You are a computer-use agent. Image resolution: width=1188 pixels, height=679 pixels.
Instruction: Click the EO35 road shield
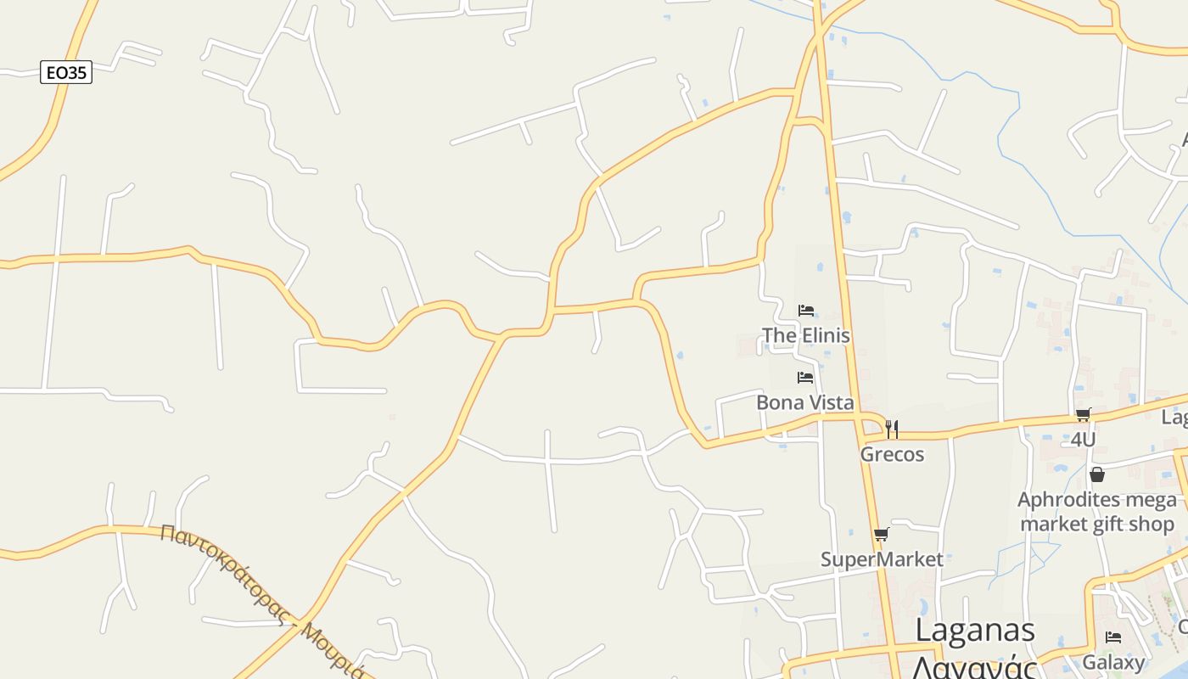66,73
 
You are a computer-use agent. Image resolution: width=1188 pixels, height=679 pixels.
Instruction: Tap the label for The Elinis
805,335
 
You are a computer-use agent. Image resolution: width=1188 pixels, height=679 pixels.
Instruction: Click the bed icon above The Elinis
806,311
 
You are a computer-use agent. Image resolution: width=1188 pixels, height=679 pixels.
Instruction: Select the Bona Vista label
804,402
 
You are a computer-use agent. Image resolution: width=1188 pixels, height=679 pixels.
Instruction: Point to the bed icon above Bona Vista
805,378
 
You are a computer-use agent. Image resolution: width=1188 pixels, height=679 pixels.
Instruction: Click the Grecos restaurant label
892,454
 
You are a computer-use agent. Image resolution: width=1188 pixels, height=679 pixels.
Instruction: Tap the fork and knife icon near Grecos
892,429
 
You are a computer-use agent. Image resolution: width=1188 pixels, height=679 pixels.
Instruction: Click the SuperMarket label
882,559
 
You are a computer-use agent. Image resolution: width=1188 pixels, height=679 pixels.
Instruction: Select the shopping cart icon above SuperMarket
881,535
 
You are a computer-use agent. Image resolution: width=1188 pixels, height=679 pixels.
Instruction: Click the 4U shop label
1083,440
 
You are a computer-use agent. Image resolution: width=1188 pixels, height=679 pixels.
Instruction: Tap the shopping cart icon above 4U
1083,415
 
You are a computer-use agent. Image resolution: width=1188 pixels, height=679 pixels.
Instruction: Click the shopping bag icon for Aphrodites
1097,474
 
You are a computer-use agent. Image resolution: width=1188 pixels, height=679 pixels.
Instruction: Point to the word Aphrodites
1069,500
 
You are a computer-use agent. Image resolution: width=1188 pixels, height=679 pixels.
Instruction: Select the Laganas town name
975,631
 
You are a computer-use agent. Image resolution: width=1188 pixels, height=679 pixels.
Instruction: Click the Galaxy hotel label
1113,661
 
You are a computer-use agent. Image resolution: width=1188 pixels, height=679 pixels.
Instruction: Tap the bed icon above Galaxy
1113,637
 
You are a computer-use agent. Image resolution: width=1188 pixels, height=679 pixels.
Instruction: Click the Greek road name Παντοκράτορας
225,573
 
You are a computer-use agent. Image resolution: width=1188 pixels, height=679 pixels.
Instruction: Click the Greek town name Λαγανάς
975,666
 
